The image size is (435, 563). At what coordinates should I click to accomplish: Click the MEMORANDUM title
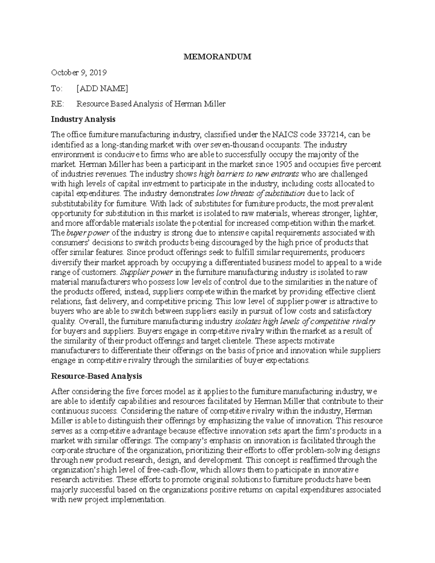(x=217, y=57)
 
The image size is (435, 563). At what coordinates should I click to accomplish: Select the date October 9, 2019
(x=79, y=73)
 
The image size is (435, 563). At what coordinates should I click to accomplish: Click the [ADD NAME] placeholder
(x=102, y=88)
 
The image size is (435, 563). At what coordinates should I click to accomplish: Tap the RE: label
(x=57, y=104)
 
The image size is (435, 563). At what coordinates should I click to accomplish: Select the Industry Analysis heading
(x=83, y=119)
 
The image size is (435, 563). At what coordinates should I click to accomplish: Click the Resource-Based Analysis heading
(x=96, y=376)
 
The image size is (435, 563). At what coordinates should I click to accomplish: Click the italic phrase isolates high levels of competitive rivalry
(x=305, y=321)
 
